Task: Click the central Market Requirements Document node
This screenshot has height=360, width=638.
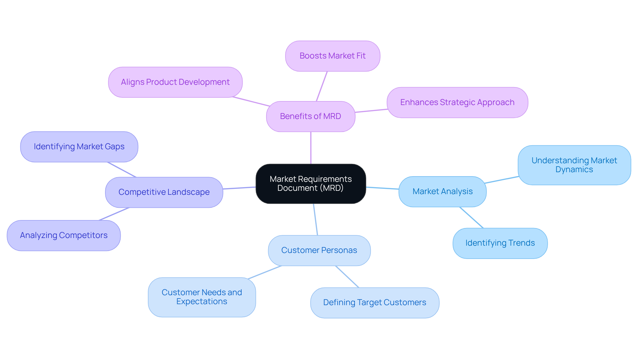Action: [x=311, y=183]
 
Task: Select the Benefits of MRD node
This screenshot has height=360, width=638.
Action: [x=311, y=116]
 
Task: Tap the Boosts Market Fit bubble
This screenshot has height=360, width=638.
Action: [x=333, y=56]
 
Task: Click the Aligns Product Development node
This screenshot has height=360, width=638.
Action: [x=175, y=82]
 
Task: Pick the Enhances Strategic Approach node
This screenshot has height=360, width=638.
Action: [x=457, y=102]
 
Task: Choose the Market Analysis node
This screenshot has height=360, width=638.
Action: [x=442, y=191]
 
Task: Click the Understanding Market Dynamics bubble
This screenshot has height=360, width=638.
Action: [x=574, y=165]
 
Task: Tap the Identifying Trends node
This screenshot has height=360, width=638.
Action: [x=500, y=243]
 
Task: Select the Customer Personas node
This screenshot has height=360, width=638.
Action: [x=319, y=250]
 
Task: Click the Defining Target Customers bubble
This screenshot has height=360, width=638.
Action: [x=374, y=302]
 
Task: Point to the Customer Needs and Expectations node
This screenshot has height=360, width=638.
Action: [x=202, y=297]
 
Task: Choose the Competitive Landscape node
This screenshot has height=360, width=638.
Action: [x=164, y=192]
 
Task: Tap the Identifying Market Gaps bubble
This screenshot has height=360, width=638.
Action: [x=79, y=147]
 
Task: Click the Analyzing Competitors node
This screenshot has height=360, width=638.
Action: [x=63, y=235]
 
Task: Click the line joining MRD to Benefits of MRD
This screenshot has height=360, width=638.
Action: [x=311, y=148]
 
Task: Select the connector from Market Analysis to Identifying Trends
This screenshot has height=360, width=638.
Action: [x=471, y=217]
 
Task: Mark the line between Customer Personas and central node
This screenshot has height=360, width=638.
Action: [x=315, y=219]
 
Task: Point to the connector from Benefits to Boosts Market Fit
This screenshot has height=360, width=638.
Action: [x=322, y=86]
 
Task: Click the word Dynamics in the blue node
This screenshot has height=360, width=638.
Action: [x=574, y=170]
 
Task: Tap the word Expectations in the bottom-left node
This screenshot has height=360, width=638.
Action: [x=202, y=301]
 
